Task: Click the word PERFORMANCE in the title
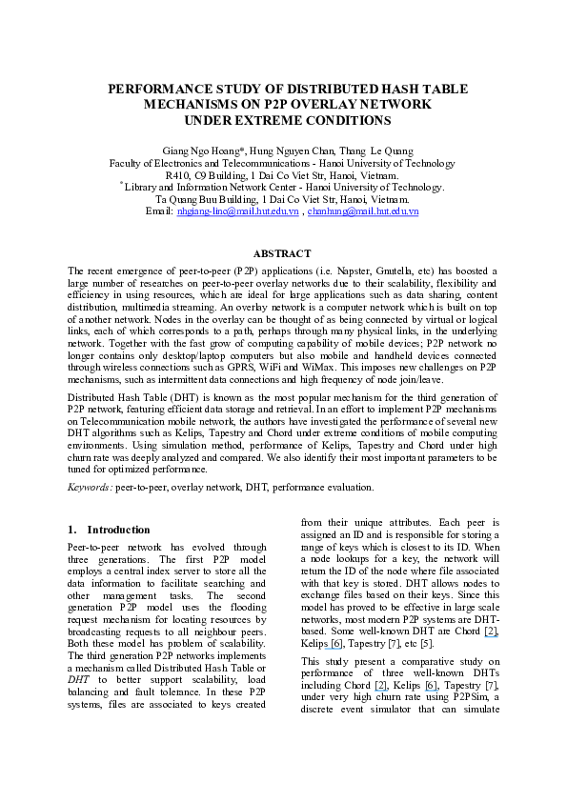click(x=163, y=89)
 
